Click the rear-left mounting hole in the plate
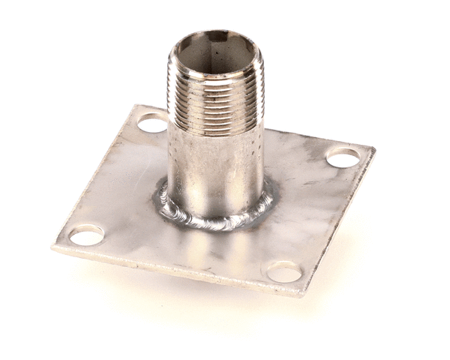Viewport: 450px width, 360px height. coord(152,122)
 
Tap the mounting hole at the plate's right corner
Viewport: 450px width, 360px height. coord(343,157)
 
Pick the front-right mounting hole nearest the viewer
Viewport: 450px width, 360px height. coord(285,271)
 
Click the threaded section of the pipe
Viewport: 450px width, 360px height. coord(216,97)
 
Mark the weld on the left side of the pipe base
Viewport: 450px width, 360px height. coord(163,198)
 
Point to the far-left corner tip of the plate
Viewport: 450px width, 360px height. coord(54,246)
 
